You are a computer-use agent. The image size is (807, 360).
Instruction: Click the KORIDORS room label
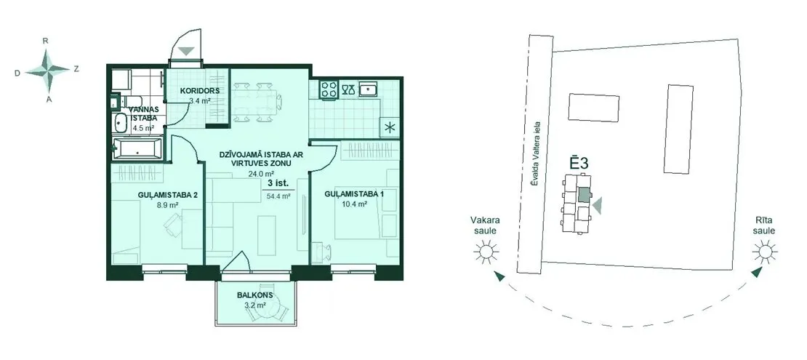tap(200, 91)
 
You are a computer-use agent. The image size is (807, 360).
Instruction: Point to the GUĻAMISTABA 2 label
tap(168, 195)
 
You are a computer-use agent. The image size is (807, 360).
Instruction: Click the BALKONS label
tap(254, 295)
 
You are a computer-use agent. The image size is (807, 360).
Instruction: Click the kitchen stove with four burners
tap(329, 89)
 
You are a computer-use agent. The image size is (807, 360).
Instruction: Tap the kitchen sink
tap(369, 89)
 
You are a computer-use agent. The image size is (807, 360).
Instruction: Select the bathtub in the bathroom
tap(137, 149)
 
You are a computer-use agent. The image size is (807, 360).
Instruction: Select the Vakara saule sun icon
tap(486, 252)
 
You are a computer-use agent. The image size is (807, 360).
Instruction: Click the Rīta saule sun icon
tap(764, 252)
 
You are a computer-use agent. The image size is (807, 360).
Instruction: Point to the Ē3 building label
tap(579, 163)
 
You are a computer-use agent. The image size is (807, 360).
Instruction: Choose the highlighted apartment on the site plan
tap(584, 195)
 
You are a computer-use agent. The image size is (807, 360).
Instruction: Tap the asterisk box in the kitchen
tap(388, 128)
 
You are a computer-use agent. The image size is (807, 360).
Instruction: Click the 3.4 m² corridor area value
tap(200, 101)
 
